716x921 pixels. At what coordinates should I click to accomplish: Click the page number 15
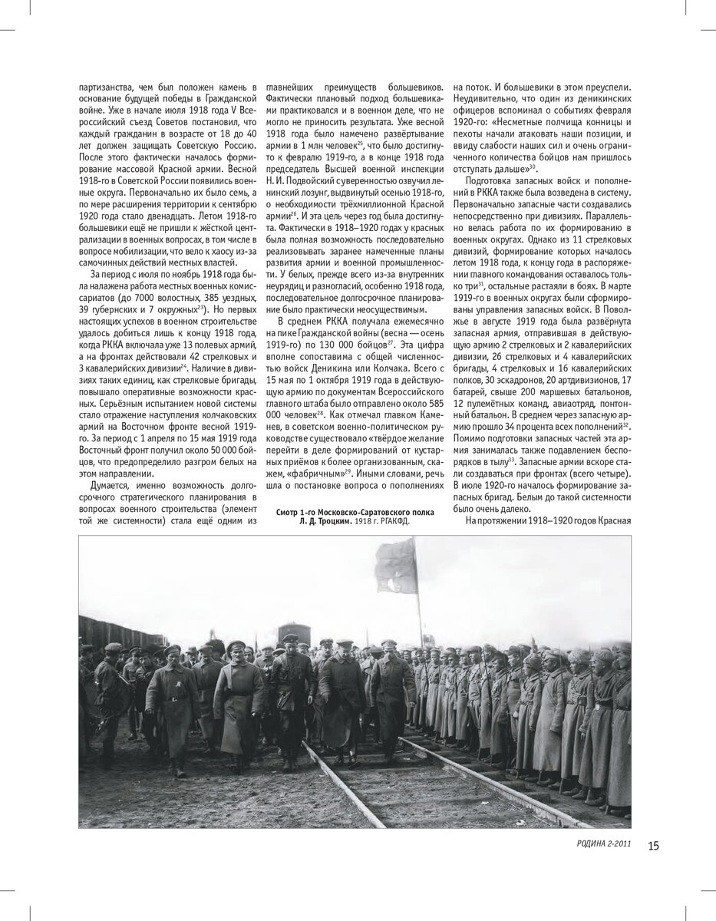653,846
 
